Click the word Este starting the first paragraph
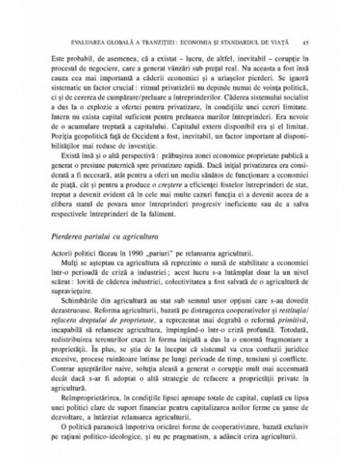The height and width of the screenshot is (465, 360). click(x=57, y=58)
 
